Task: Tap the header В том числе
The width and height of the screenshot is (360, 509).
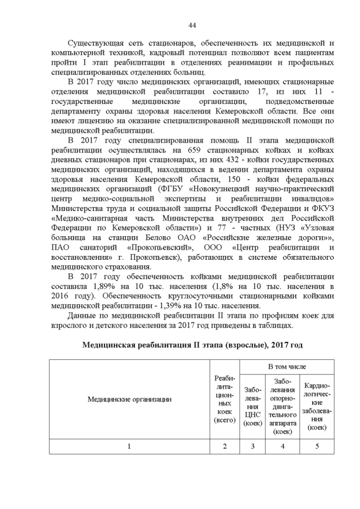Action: [x=287, y=366]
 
